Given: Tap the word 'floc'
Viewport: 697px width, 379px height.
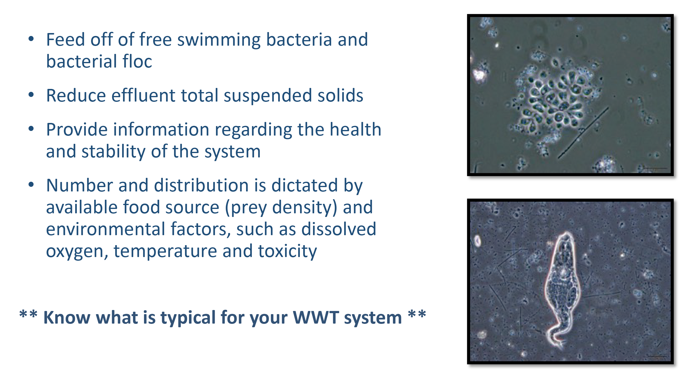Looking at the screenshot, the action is [x=137, y=61].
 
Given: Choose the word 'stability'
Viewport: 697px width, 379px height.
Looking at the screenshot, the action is [x=113, y=152].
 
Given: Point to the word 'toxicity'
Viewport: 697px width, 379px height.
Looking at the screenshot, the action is [x=287, y=252].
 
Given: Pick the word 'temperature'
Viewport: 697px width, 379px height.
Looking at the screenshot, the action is [x=165, y=252].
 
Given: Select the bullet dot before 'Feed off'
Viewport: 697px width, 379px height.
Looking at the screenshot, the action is [x=31, y=39].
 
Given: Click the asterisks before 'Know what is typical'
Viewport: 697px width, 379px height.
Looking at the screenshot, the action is [x=28, y=314].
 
